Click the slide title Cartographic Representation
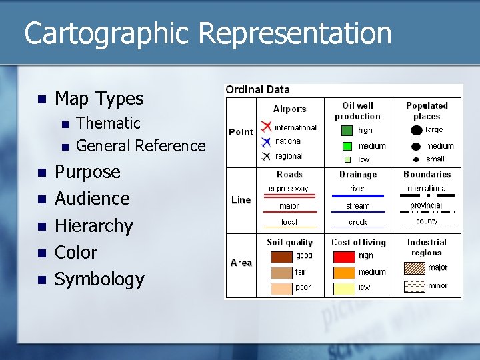[x=207, y=33]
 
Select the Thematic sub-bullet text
[x=108, y=123]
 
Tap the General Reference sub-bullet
[x=141, y=145]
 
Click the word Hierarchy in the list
[x=93, y=225]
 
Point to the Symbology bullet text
[x=99, y=279]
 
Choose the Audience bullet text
[x=92, y=199]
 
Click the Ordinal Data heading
[x=257, y=89]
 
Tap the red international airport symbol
[x=265, y=127]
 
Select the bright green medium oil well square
[x=347, y=146]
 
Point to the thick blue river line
[x=358, y=196]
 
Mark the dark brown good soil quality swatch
[x=281, y=257]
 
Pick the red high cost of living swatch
[x=344, y=257]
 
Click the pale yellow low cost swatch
[x=344, y=288]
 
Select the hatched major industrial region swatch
[x=415, y=268]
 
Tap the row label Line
[x=241, y=200]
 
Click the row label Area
[x=241, y=263]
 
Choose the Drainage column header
[x=358, y=175]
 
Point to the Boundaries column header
[x=427, y=175]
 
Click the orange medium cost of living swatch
[x=344, y=272]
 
